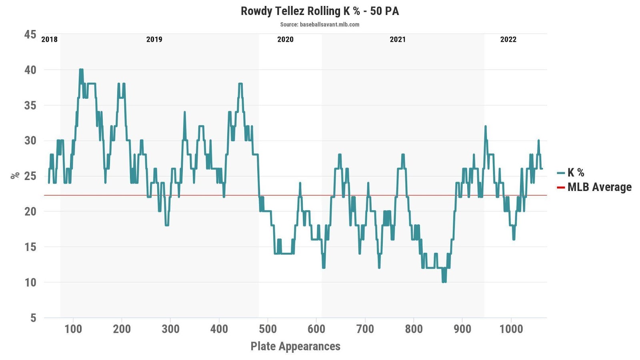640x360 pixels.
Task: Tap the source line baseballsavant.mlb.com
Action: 320,24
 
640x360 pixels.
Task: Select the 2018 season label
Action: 49,39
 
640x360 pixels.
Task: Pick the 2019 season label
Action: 154,39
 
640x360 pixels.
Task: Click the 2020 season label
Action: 285,39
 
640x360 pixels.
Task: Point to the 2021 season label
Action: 398,39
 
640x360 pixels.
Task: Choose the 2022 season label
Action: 508,39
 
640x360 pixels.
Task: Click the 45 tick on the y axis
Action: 30,34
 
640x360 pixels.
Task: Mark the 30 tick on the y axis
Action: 30,140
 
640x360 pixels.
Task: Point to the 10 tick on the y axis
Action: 30,282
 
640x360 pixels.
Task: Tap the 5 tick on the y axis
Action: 33,318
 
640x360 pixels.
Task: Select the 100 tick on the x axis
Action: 73,329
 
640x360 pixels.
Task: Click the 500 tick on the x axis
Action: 268,329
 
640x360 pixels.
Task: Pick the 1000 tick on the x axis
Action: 511,329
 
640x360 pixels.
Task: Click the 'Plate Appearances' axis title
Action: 295,346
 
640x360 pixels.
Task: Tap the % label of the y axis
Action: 15,175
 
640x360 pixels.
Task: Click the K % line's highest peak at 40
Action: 81,70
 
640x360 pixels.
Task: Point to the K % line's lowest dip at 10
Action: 444,282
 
